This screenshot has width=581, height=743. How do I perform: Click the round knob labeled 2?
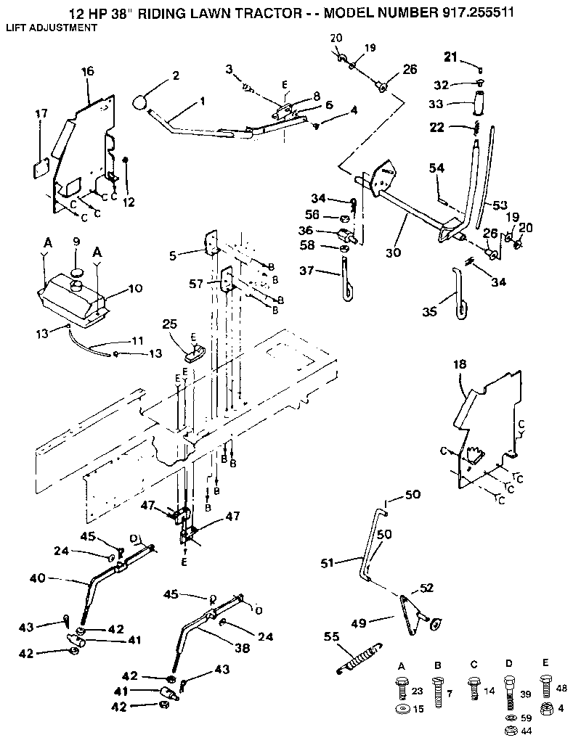coord(141,102)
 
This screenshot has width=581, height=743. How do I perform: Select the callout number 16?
coord(88,72)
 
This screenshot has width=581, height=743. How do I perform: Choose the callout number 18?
coord(460,364)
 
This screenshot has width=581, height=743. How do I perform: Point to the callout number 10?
coord(136,288)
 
